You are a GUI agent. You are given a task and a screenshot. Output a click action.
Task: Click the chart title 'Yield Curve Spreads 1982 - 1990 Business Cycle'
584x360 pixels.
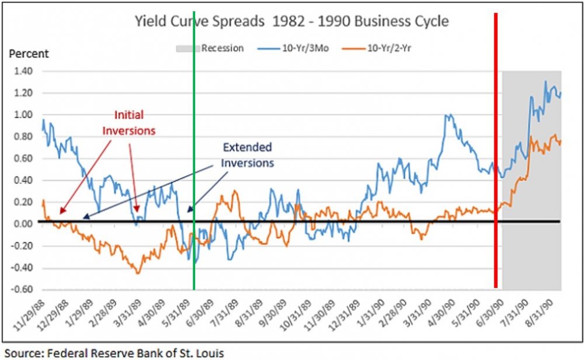pyautogui.click(x=291, y=22)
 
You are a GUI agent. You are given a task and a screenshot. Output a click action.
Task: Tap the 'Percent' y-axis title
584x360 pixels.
pyautogui.click(x=28, y=54)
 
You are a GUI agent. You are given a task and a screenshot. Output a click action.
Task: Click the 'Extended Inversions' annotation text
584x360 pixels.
pyautogui.click(x=247, y=155)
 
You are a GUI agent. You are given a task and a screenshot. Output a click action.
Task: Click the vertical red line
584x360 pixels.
pyautogui.click(x=496, y=146)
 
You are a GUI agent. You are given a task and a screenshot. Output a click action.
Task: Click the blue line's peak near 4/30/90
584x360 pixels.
pyautogui.click(x=449, y=115)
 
